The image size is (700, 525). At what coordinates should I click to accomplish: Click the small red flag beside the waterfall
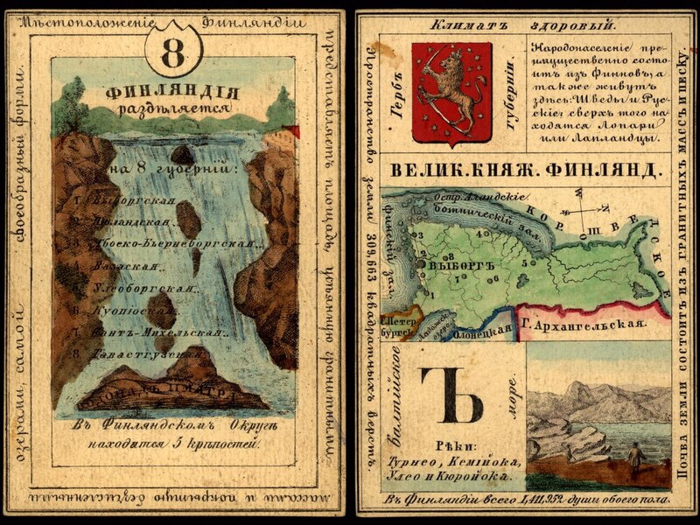tap(293, 131)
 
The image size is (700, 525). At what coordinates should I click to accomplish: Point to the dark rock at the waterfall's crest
tap(182, 155)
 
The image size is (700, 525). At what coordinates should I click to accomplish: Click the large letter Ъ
tap(450, 394)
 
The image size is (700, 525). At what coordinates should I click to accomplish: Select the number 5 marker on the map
tap(524, 262)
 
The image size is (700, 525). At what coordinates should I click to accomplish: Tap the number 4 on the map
tap(476, 234)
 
